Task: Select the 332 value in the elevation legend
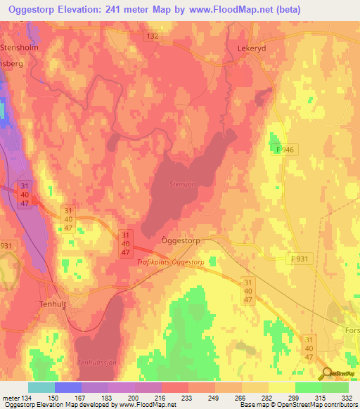347,397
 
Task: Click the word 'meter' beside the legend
10,397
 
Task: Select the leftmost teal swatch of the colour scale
41,387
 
